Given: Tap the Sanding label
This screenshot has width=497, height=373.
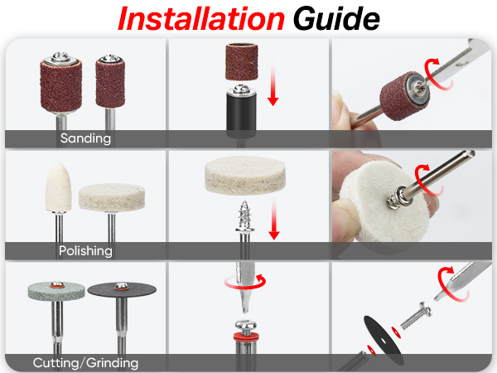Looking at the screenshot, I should (x=85, y=138).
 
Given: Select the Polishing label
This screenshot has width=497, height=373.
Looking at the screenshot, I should (x=85, y=250).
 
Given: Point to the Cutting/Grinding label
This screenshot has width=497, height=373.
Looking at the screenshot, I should (x=85, y=362).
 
